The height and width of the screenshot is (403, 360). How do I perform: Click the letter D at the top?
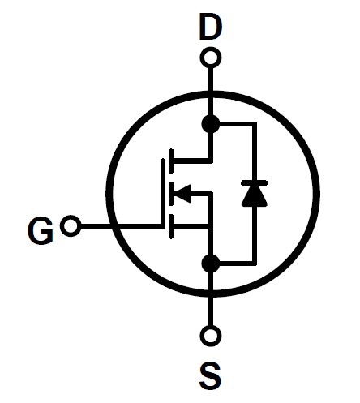click(x=210, y=27)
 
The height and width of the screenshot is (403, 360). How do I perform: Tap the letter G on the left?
click(x=41, y=231)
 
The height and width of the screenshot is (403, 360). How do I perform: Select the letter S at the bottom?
click(x=211, y=376)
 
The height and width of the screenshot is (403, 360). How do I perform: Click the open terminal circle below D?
click(x=211, y=58)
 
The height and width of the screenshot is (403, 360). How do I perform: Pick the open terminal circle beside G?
click(x=71, y=225)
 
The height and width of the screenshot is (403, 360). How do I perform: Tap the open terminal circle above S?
click(x=211, y=336)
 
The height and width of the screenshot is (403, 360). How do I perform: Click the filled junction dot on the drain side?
click(x=211, y=124)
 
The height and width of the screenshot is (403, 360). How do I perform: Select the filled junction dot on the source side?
click(x=211, y=264)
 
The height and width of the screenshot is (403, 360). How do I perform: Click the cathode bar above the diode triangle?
click(x=255, y=183)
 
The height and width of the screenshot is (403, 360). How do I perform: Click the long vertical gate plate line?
click(x=162, y=193)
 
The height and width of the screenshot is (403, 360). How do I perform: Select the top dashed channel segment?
click(x=171, y=161)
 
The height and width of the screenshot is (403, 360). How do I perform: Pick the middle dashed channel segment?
click(x=171, y=194)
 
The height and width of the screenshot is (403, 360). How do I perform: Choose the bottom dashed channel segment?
click(x=171, y=226)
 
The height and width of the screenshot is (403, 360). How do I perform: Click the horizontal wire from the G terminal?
click(x=121, y=226)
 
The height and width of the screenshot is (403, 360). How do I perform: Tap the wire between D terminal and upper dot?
click(x=211, y=92)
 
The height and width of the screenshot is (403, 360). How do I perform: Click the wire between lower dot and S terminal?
click(x=211, y=299)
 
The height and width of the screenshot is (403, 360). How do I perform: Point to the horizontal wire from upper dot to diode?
click(x=237, y=124)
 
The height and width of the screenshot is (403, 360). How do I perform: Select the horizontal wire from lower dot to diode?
click(x=237, y=264)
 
